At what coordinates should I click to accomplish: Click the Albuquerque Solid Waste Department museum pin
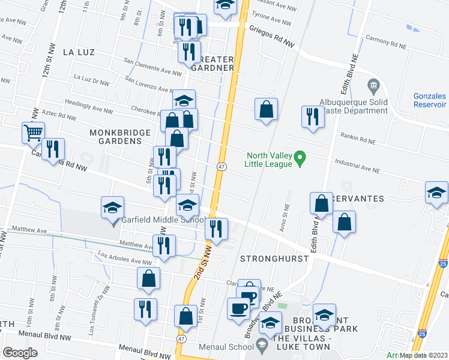375,87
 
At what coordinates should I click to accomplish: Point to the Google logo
20,352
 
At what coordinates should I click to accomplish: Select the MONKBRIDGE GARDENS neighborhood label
115,136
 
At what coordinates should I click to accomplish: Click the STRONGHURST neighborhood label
274,259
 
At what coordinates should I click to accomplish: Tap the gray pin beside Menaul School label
261,345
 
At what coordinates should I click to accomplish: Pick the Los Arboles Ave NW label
124,259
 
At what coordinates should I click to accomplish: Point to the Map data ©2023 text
423,355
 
